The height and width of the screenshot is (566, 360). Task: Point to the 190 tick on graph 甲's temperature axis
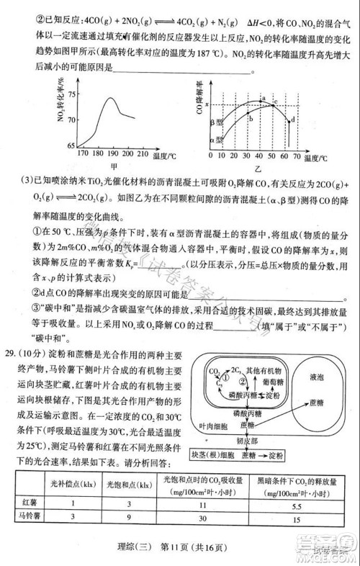[x=112, y=153]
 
